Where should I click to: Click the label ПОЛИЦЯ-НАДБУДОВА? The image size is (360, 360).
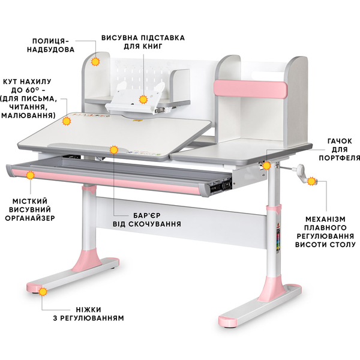pyautogui.click(x=51, y=45)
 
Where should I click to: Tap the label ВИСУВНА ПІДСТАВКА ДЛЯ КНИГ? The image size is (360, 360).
pyautogui.click(x=143, y=42)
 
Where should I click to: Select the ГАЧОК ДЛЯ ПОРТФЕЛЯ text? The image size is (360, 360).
pyautogui.click(x=340, y=149)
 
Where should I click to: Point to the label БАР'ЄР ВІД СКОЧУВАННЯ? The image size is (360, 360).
pyautogui.click(x=147, y=220)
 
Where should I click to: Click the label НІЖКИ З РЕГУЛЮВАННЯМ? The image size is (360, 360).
pyautogui.click(x=88, y=314)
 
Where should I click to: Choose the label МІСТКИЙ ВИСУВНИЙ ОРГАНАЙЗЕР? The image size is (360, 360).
pyautogui.click(x=30, y=209)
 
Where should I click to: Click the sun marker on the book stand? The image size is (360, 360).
pyautogui.click(x=143, y=100)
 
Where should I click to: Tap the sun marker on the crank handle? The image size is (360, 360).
pyautogui.click(x=311, y=181)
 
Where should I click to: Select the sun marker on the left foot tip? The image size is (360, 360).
pyautogui.click(x=43, y=292)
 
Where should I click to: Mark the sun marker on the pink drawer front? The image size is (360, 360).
pyautogui.click(x=30, y=175)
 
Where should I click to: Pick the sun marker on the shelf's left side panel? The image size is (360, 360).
pyautogui.click(x=95, y=62)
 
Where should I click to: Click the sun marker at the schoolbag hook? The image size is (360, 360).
pyautogui.click(x=266, y=166)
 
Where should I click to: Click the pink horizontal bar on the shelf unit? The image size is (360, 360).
pyautogui.click(x=250, y=89)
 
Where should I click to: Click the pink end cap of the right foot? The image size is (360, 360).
pyautogui.click(x=227, y=321)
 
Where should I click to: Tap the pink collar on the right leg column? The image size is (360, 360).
pyautogui.click(x=274, y=209)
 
